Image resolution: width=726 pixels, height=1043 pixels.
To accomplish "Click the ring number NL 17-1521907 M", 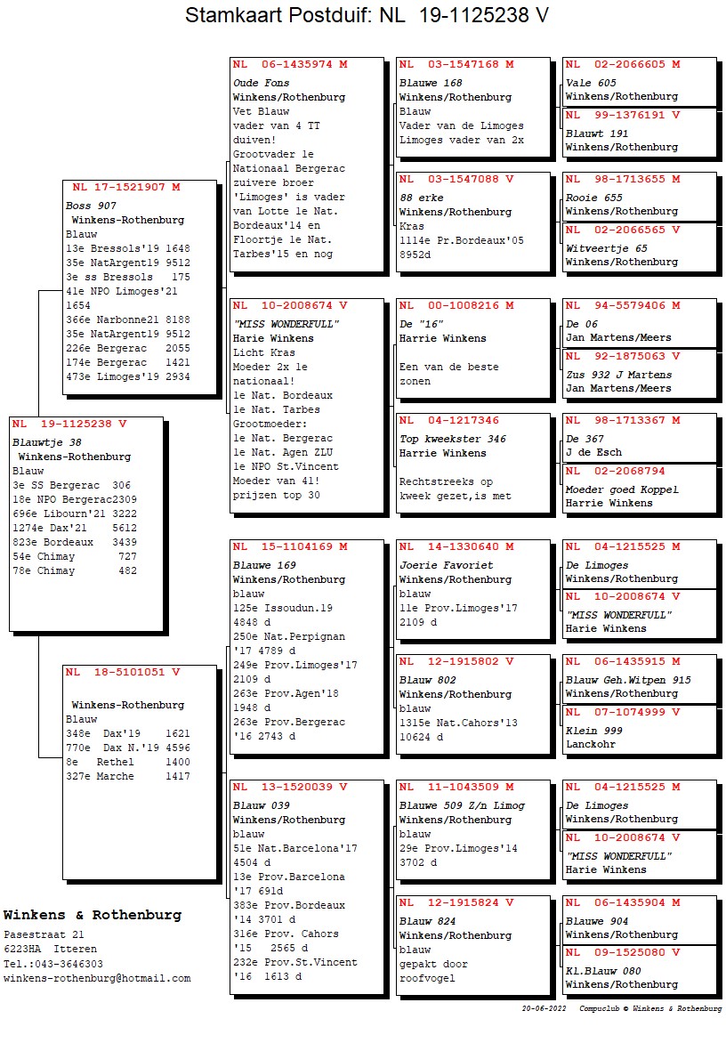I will (x=125, y=188).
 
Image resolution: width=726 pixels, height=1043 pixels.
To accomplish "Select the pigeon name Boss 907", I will (x=91, y=206).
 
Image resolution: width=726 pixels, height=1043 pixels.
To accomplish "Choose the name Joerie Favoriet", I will (x=446, y=565).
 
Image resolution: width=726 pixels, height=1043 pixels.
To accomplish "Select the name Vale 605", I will (x=591, y=83).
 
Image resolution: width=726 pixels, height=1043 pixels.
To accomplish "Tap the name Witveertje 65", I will (x=606, y=248).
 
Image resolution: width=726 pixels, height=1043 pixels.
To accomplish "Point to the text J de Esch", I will (x=593, y=452).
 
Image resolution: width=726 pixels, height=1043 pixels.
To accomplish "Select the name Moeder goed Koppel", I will (x=622, y=489).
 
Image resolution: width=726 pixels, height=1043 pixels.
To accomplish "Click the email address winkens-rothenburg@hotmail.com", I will (x=97, y=978).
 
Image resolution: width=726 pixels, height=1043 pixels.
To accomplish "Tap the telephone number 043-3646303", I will (x=65, y=964).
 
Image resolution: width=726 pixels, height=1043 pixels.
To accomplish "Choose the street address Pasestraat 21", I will (x=44, y=935).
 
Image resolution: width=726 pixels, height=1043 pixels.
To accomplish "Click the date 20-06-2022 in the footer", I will (x=544, y=1009).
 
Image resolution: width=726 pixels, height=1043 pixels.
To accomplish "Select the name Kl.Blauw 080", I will (x=603, y=971).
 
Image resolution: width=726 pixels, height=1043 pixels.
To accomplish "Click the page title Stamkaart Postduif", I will (x=278, y=16).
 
